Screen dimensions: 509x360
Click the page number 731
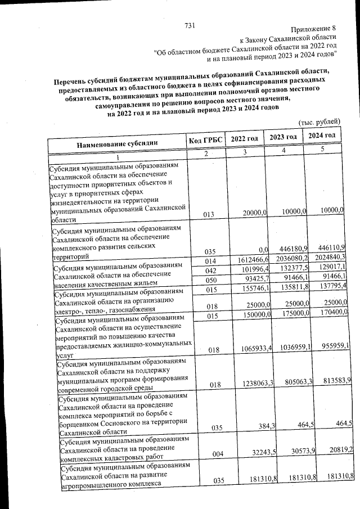pyautogui.click(x=190, y=26)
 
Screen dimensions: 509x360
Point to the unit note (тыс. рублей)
pyautogui.click(x=319, y=121)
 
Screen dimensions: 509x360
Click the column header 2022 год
pyautogui.click(x=244, y=139)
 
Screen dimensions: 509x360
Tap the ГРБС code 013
pyautogui.click(x=205, y=214)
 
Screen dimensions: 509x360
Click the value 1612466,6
pyautogui.click(x=246, y=260)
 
